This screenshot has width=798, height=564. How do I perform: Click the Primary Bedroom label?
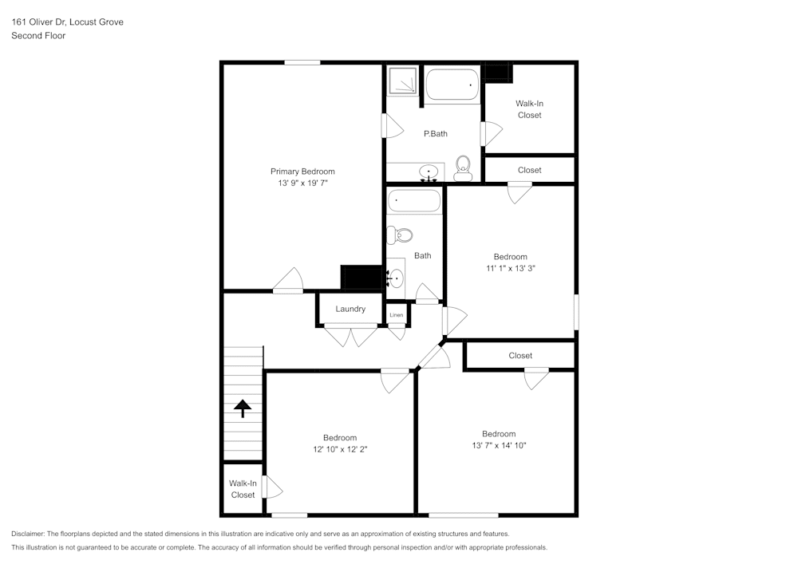[x=302, y=172]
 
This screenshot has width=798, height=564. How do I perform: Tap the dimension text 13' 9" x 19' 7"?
[x=302, y=183]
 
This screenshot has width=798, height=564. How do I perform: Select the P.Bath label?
[x=435, y=133]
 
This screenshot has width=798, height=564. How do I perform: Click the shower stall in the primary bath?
[x=402, y=81]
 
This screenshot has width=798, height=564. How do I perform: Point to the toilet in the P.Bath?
[x=463, y=168]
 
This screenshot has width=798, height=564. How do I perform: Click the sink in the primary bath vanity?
[x=429, y=172]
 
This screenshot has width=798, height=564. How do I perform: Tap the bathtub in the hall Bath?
[x=413, y=201]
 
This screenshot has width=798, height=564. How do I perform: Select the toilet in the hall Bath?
[x=400, y=235]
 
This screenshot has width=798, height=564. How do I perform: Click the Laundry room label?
[x=350, y=309]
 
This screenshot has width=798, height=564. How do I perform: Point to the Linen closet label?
[x=397, y=315]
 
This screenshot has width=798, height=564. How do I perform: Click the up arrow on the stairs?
[x=243, y=408]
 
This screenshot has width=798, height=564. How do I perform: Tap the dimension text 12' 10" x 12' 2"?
[x=340, y=449]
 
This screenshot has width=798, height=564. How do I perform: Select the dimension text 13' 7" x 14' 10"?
[x=499, y=446]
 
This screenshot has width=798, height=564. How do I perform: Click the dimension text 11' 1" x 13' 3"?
[x=510, y=269]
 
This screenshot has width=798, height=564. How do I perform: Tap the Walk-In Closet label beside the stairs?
[x=243, y=489]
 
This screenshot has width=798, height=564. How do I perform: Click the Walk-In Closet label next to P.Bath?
[x=529, y=109]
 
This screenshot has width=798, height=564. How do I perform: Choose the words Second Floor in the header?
[x=38, y=36]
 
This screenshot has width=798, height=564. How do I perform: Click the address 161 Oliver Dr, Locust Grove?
[x=67, y=22]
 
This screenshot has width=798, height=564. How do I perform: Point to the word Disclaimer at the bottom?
[x=28, y=534]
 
